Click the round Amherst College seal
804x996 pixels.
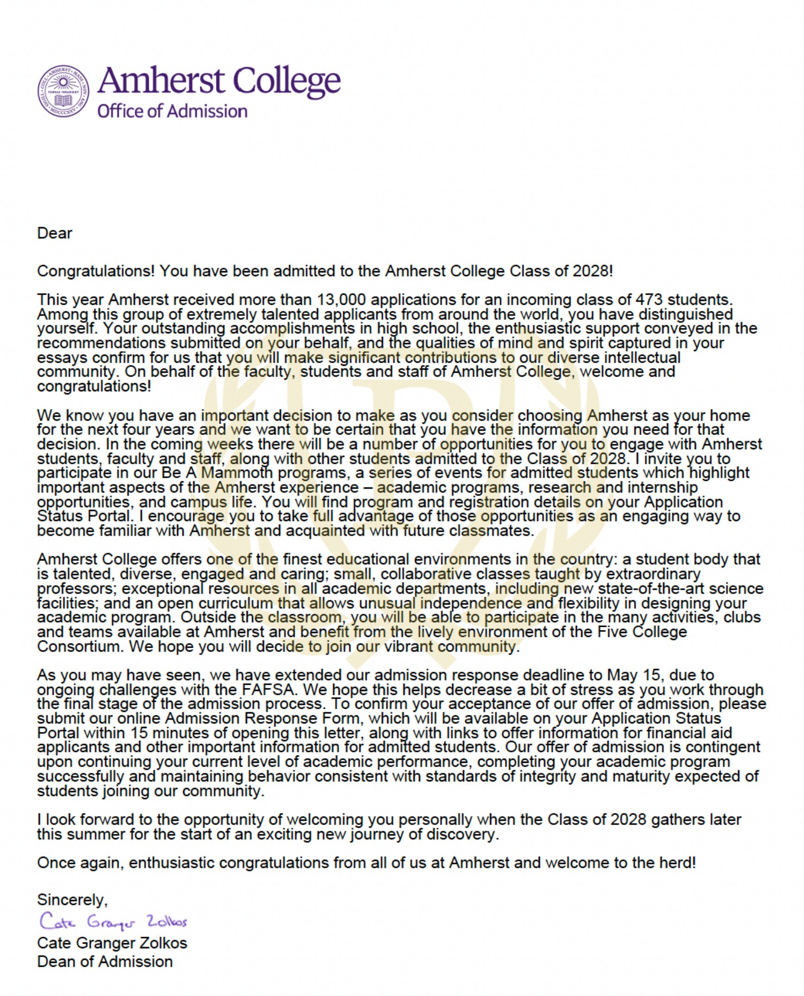tap(63, 91)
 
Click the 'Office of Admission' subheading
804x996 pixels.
tap(172, 111)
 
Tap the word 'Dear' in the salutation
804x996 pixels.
tap(55, 233)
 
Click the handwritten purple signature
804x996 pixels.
tap(113, 921)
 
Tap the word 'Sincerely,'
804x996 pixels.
tap(72, 900)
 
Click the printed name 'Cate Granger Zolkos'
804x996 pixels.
tap(112, 943)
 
